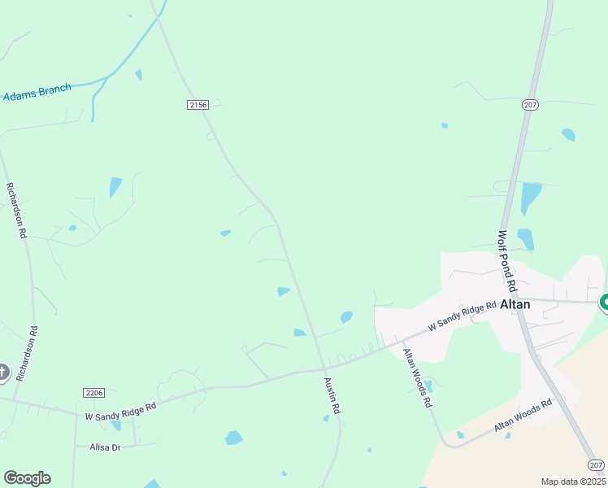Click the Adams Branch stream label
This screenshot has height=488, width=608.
(37, 92)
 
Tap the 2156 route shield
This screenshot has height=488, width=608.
(198, 104)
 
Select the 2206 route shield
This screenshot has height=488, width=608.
(94, 392)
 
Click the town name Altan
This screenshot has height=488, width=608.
(515, 304)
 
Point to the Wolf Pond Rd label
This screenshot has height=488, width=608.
(507, 261)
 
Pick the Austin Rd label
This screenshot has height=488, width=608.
(332, 397)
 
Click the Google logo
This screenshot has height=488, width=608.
(27, 478)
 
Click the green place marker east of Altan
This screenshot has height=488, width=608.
(605, 303)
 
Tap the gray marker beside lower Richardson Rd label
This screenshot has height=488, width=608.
(2, 373)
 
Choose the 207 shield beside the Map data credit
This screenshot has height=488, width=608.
(596, 464)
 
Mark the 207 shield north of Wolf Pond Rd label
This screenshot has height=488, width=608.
(531, 104)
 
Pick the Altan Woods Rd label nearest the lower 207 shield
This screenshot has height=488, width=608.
(523, 415)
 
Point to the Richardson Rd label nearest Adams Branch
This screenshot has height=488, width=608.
(16, 209)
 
